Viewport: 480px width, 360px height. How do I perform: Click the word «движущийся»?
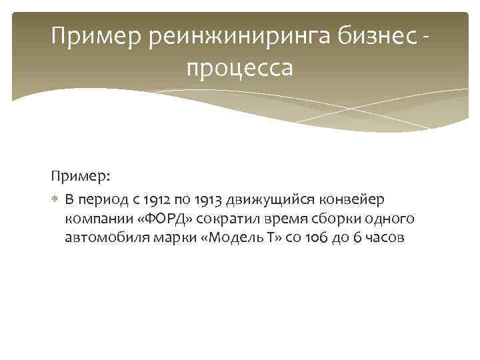pyautogui.click(x=267, y=200)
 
